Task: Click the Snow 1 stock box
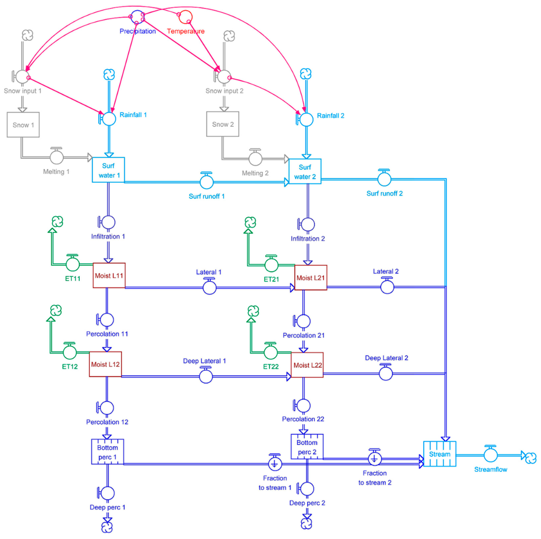click(22, 125)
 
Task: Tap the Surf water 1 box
click(108, 171)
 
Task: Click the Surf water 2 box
click(305, 171)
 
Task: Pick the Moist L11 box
click(109, 275)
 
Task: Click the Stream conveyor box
click(440, 454)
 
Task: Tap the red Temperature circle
click(185, 17)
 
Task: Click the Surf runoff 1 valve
click(206, 182)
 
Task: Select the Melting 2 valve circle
click(256, 157)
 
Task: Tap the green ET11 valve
click(72, 263)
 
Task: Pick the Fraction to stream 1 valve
click(275, 463)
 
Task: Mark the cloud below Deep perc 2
click(306, 523)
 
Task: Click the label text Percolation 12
click(107, 422)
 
